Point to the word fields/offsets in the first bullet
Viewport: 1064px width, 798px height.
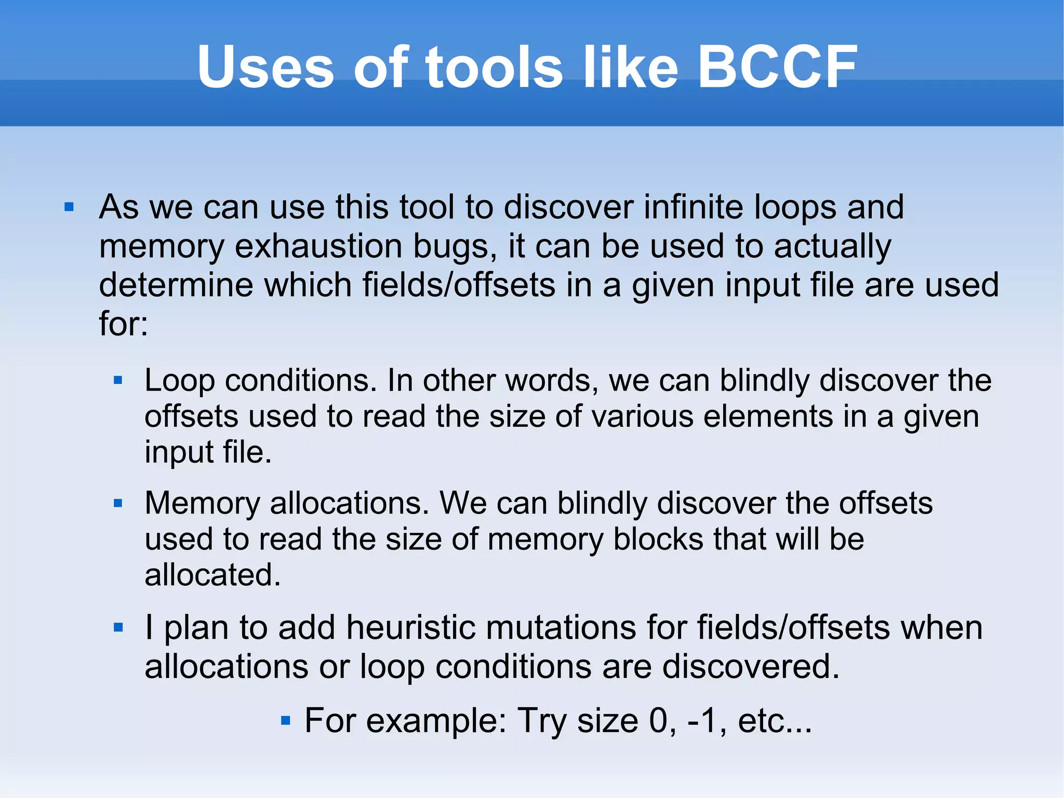click(x=459, y=285)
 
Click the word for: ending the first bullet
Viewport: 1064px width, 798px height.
click(x=124, y=323)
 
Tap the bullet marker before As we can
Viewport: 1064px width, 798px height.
click(x=69, y=208)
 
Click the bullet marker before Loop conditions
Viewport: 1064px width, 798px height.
click(x=118, y=381)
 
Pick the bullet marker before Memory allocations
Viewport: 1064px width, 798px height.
click(x=118, y=503)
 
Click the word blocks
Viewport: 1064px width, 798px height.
click(x=658, y=539)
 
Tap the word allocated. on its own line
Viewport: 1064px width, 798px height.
click(x=212, y=575)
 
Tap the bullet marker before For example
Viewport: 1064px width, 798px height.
click(x=285, y=721)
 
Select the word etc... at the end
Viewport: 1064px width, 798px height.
click(x=774, y=721)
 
